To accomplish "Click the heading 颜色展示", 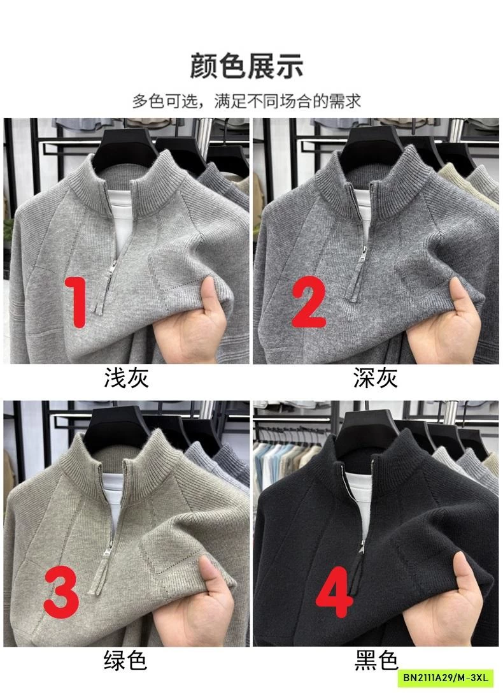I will [x=246, y=67].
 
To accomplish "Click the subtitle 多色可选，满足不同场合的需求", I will [x=246, y=101].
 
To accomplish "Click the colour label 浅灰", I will [x=126, y=378].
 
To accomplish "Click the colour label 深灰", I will [x=376, y=378].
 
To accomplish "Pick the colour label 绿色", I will [x=125, y=661].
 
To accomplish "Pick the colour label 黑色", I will [x=376, y=661].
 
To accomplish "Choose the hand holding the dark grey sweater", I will [x=452, y=325].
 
